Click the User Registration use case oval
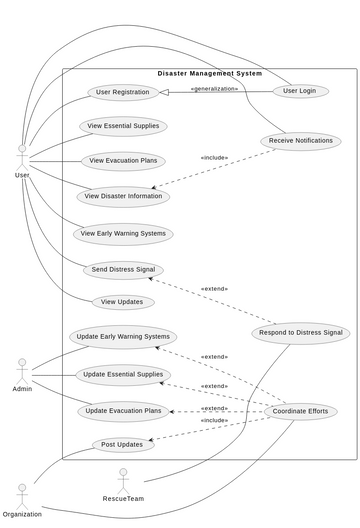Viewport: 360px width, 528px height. tap(123, 93)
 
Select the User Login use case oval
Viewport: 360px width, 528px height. tap(300, 91)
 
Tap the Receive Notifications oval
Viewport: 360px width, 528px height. tap(300, 141)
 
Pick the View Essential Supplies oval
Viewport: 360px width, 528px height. tap(123, 126)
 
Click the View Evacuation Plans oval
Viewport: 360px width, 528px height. tap(123, 161)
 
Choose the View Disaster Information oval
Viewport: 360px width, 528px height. tap(123, 196)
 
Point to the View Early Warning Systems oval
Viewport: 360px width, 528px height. tap(123, 234)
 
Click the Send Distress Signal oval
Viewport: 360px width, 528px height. tap(123, 270)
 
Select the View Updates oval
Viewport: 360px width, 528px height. tap(123, 302)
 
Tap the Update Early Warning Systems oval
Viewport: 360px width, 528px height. tap(123, 337)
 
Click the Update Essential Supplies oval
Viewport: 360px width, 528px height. tap(123, 375)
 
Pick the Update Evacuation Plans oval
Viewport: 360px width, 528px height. tap(123, 411)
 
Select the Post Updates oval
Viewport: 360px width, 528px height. tap(123, 445)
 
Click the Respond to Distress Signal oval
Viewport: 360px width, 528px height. tap(300, 333)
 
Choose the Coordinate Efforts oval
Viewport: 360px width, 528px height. tap(300, 411)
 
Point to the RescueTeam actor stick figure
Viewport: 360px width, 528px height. tap(123, 479)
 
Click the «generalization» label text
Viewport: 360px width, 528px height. tap(214, 89)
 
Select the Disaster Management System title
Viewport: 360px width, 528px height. tap(209, 74)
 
